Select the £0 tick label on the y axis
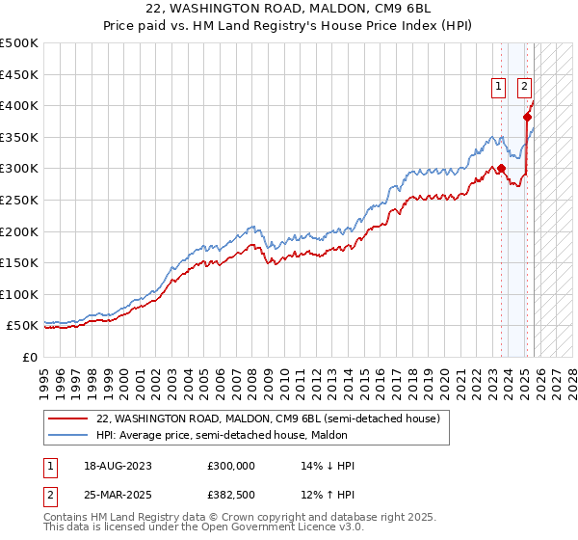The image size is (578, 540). tap(32, 357)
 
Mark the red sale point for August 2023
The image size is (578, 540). tap(501, 168)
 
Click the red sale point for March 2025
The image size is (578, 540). tap(527, 117)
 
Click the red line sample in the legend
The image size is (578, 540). tap(68, 418)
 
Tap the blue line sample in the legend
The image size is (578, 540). tap(68, 434)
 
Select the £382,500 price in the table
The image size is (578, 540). tap(231, 495)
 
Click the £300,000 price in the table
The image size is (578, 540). tap(231, 466)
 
